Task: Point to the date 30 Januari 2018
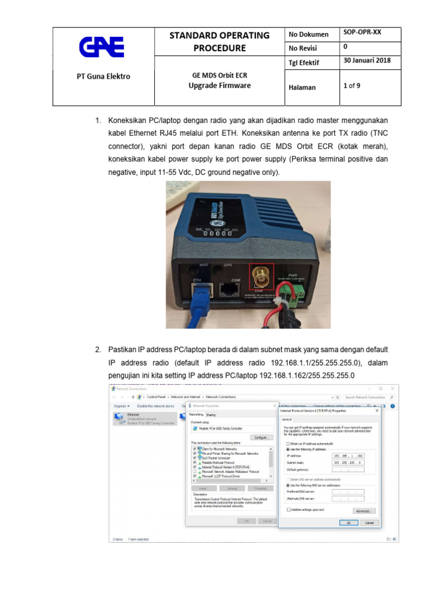point(367,61)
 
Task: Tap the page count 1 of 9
point(352,86)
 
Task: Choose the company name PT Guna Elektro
point(104,76)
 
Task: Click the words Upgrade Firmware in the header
point(219,86)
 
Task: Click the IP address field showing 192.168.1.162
point(347,455)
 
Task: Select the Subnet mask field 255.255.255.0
point(347,462)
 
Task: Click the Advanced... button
point(363,511)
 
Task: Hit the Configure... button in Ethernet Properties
point(261,437)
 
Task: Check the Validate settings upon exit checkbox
point(289,509)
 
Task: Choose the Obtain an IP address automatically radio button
point(288,444)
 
